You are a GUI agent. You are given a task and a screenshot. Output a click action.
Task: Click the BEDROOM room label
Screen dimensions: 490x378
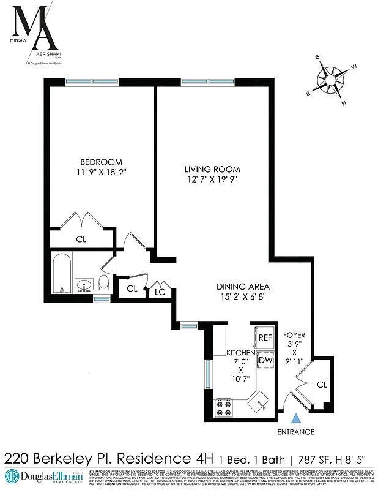coord(96,162)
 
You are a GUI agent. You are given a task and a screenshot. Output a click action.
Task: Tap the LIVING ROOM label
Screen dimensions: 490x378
coord(212,169)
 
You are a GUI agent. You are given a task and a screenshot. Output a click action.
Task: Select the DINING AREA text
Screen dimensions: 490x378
coord(243,286)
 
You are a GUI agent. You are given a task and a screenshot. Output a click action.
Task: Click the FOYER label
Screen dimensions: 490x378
coord(294,336)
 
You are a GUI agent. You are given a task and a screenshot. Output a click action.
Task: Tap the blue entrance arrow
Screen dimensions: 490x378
coord(297,419)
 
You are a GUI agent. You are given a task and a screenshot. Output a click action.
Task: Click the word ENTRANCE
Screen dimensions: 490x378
coord(296,432)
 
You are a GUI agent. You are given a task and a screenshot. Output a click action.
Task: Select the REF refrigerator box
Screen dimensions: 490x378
coord(265,337)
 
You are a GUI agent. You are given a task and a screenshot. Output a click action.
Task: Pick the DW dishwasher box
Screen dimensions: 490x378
coord(265,361)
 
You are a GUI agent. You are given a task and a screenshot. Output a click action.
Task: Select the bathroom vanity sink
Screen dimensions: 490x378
coord(84,285)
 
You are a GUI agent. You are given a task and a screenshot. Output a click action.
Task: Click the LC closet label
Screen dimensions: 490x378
coord(160,292)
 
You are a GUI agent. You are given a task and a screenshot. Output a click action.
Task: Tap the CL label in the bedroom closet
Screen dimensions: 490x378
coord(81,239)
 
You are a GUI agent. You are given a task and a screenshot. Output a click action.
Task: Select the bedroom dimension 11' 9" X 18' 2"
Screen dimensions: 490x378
coord(96,173)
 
